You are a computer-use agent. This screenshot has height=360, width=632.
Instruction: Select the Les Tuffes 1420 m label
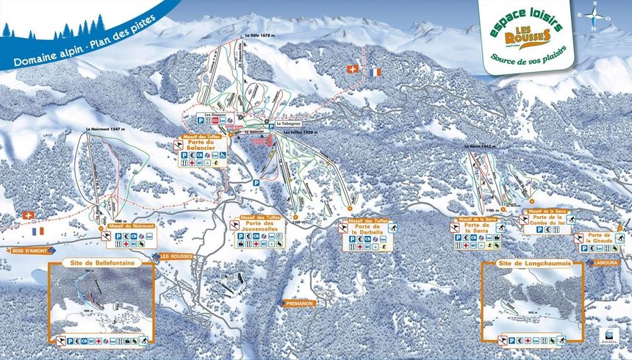coord(296,132)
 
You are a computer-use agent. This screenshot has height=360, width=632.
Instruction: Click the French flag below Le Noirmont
coord(38,231)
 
